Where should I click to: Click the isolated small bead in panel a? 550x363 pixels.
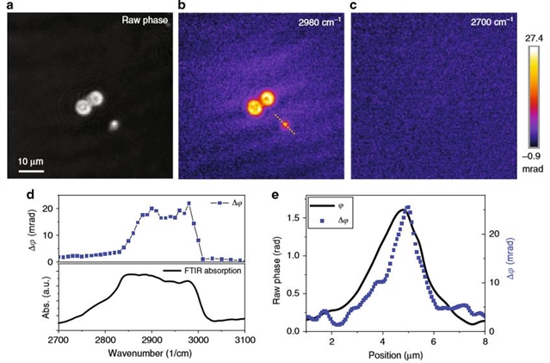coord(113,125)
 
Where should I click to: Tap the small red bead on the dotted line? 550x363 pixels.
coord(285,125)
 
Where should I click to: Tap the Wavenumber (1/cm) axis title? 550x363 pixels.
coord(151,354)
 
